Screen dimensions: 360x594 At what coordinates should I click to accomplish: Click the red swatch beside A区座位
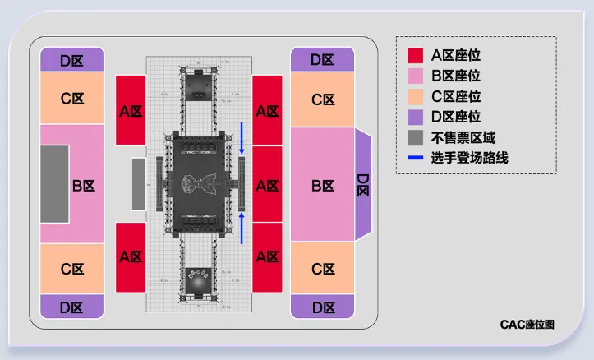417,56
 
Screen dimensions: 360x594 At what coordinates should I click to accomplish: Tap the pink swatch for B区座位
417,76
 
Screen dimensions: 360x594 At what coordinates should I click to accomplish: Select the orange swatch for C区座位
417,97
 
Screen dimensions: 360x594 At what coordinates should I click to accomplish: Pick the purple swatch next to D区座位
417,118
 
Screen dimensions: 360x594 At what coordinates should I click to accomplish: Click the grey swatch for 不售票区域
417,137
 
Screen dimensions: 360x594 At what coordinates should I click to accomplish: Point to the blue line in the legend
417,158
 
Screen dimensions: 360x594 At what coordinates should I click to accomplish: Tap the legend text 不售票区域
463,137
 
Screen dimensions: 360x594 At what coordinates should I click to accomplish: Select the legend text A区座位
456,56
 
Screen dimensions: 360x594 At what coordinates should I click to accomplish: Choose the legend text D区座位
456,118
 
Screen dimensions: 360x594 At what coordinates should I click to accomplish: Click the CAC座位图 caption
527,325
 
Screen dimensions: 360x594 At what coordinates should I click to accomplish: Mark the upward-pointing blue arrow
242,227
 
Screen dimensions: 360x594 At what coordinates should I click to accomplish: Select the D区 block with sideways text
362,185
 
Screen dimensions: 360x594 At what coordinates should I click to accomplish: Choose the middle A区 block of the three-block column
266,185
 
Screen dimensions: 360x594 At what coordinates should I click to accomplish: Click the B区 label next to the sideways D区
322,186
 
